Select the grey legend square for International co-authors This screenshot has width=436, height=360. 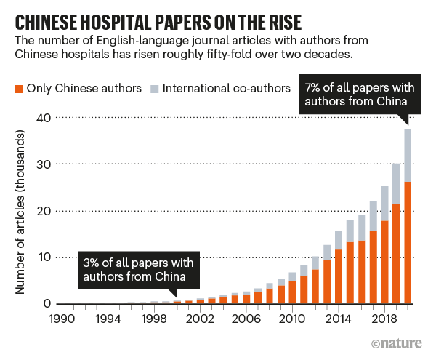click(153, 89)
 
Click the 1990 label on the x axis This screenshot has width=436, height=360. click(60, 318)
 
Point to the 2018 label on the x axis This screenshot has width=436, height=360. click(387, 318)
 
